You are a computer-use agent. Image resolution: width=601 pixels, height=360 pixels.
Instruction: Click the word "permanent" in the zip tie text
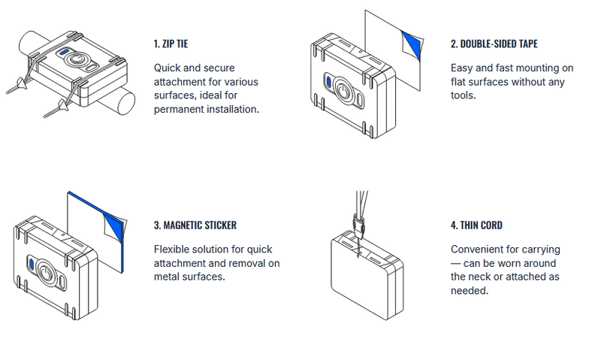pos(177,110)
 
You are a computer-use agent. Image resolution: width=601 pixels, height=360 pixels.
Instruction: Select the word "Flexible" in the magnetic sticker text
pos(171,249)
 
